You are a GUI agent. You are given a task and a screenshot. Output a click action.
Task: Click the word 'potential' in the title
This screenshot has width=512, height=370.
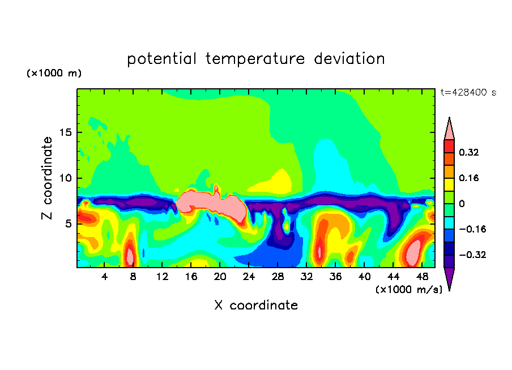pos(161,59)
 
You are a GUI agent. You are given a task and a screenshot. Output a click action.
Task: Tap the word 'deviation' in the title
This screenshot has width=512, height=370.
pos(349,58)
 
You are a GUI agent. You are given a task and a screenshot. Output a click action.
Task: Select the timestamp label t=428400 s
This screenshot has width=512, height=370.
pos(468,93)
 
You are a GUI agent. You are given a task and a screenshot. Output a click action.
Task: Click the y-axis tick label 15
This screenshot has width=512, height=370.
pos(65,132)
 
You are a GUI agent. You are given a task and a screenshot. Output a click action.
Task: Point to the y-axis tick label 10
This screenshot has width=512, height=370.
pos(65,178)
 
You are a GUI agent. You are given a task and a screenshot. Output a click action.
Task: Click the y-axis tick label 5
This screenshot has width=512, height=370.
pos(68,224)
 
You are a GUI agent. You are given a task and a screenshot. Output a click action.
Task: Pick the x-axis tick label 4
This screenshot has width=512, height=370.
pos(104,277)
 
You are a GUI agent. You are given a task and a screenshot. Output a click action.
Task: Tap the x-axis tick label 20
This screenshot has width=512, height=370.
pos(220,277)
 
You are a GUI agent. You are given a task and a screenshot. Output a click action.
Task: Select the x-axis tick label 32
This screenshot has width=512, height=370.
pos(306,277)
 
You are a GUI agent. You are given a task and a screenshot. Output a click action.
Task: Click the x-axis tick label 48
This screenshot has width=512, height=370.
pos(422,277)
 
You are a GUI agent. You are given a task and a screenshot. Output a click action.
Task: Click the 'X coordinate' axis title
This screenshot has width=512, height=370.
pos(256,306)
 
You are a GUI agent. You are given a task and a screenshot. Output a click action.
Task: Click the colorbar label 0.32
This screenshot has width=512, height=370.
pos(468,152)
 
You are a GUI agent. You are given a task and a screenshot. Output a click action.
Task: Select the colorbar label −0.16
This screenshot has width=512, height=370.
pos(472,229)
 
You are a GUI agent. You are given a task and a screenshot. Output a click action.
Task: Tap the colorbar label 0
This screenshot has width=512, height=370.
pos(462,204)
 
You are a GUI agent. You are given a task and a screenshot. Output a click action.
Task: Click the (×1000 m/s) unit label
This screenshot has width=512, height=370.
pos(409,290)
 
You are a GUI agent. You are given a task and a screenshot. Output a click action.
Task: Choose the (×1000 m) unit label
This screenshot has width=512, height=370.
pos(54,73)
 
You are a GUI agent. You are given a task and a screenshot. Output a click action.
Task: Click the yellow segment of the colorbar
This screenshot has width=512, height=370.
pos(449,184)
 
